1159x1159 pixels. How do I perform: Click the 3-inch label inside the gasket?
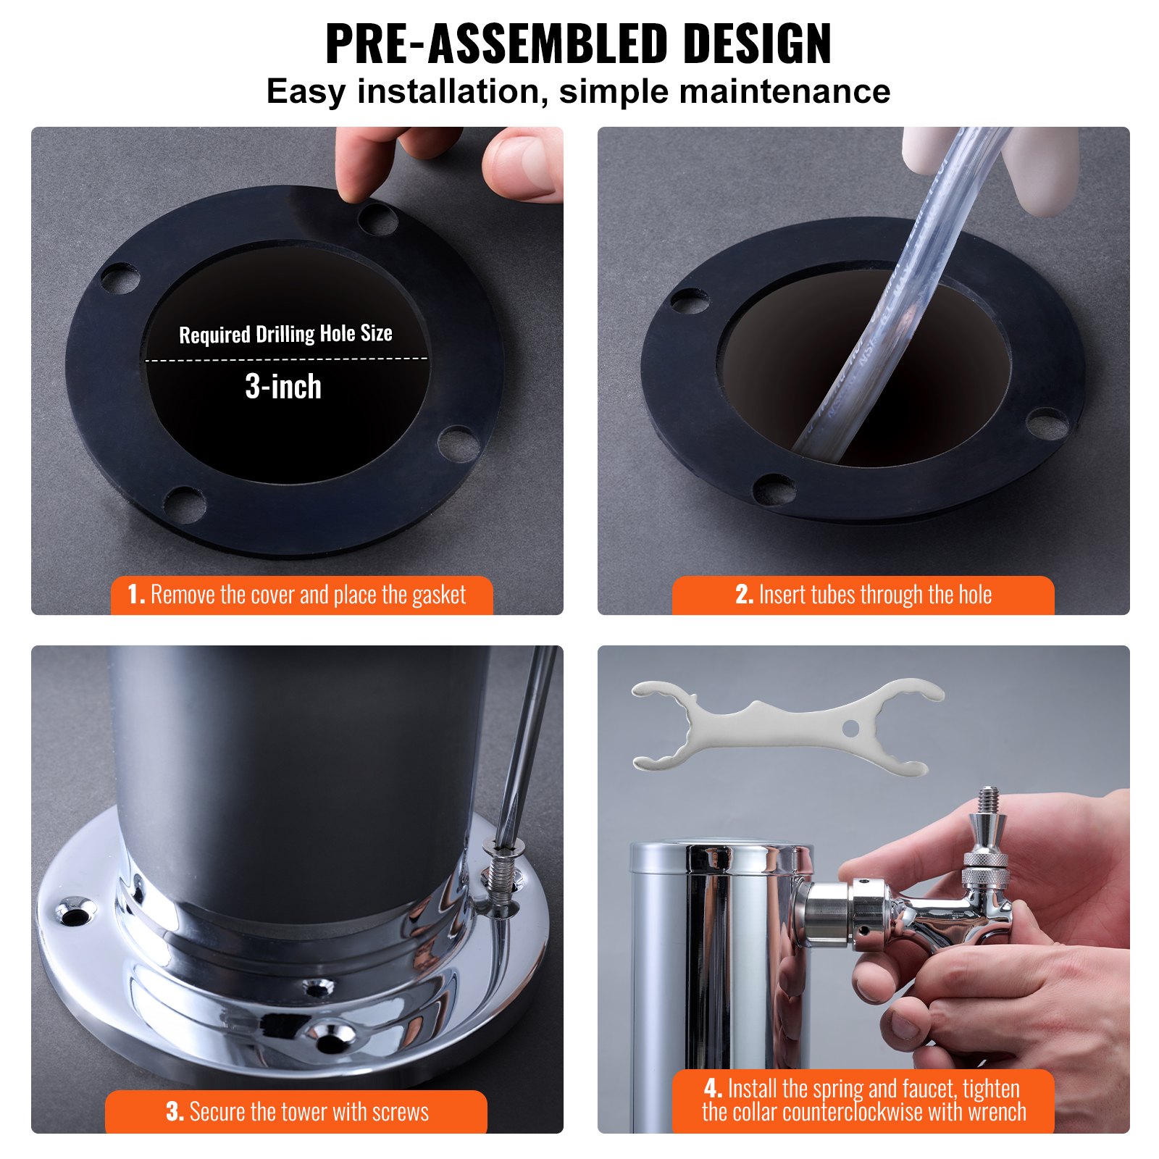click(x=283, y=387)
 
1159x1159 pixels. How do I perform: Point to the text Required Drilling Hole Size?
click(x=285, y=334)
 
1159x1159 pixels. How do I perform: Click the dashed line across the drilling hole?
click(x=286, y=359)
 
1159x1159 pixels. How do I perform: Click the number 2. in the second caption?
click(x=744, y=595)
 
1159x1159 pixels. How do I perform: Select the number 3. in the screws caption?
click(x=175, y=1111)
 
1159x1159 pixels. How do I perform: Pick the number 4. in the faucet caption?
click(x=713, y=1088)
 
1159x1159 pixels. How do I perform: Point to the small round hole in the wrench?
click(x=850, y=727)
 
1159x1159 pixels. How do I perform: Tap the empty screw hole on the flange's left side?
click(x=75, y=916)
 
